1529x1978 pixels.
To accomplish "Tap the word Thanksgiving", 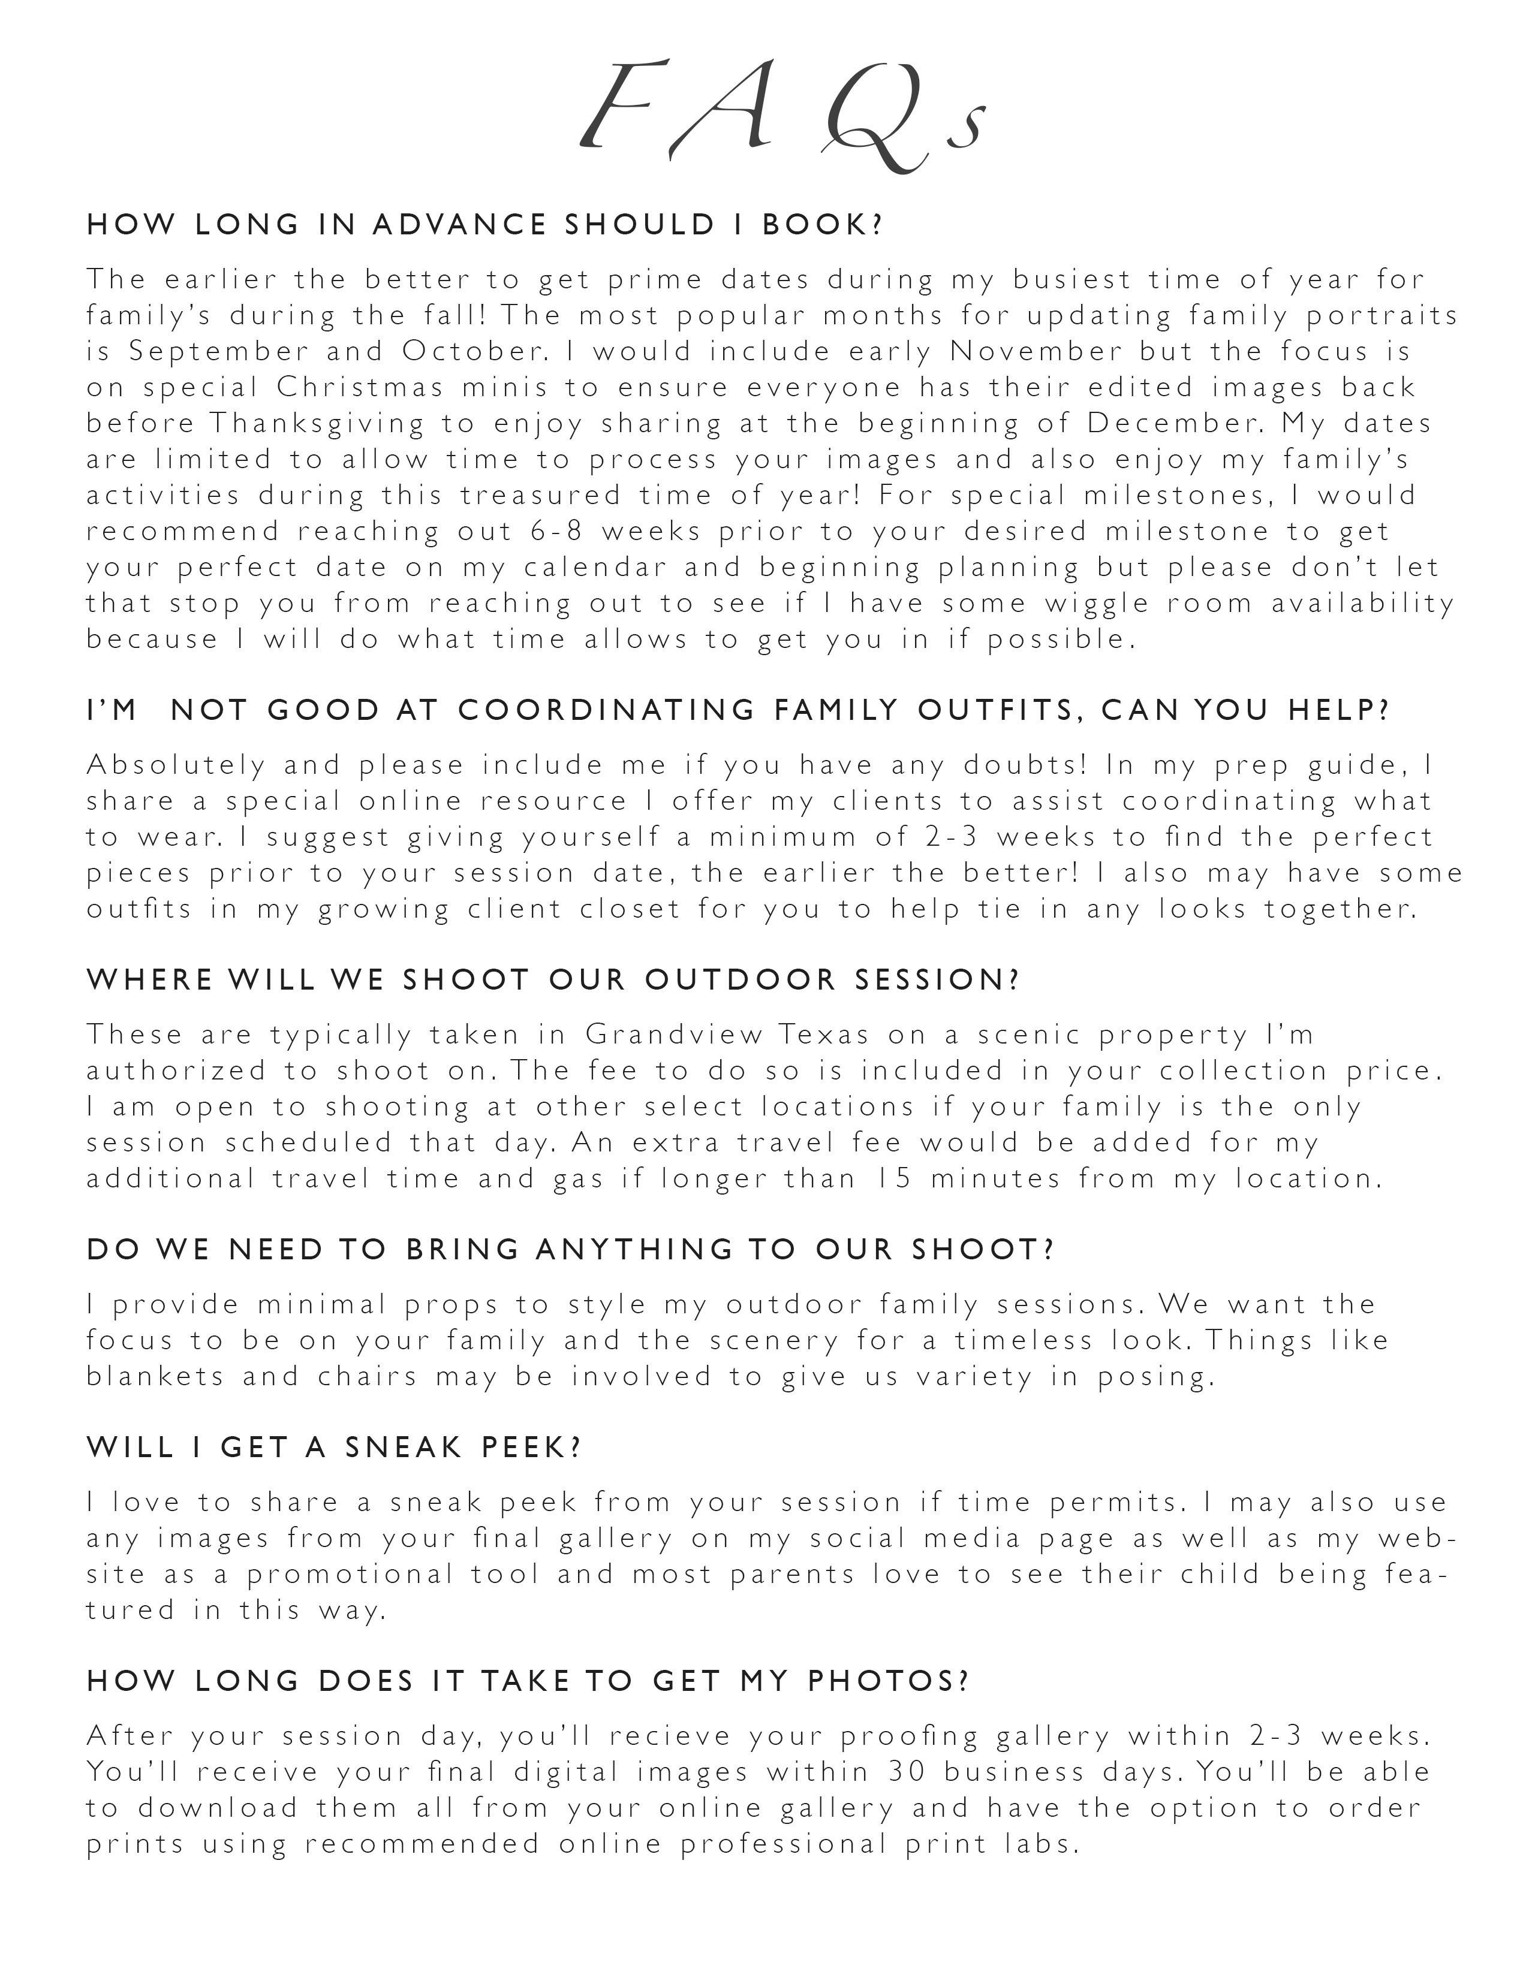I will tap(318, 424).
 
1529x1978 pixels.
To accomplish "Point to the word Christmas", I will tap(360, 388).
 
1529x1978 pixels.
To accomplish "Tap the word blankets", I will tap(155, 1377).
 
